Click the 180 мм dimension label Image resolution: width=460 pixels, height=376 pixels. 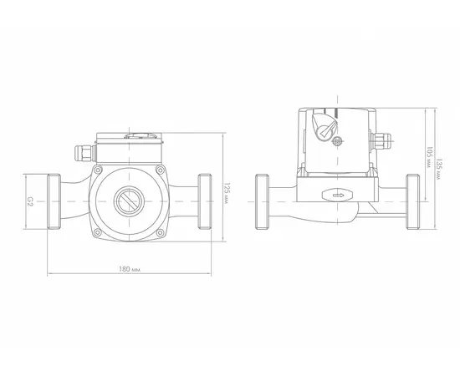pyautogui.click(x=130, y=269)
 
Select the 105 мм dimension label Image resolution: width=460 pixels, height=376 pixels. pyautogui.click(x=429, y=157)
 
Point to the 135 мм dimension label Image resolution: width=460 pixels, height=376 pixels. pyautogui.click(x=439, y=169)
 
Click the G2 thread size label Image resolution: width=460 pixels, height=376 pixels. pyautogui.click(x=30, y=201)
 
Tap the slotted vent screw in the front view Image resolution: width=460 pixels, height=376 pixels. pyautogui.click(x=129, y=201)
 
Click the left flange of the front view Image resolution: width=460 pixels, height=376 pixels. pyautogui.click(x=54, y=201)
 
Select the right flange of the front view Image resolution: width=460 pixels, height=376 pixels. pyautogui.click(x=204, y=201)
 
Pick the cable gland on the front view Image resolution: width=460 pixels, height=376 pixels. pyautogui.click(x=85, y=153)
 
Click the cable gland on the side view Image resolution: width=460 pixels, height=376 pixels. pyautogui.click(x=381, y=141)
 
